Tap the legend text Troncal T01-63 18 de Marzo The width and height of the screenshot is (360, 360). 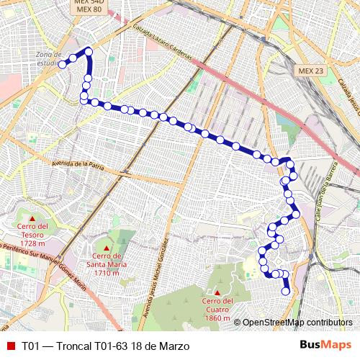tap(106, 346)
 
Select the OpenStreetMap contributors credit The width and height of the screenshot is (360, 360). tap(296, 323)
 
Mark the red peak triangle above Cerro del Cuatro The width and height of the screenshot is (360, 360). tap(216, 292)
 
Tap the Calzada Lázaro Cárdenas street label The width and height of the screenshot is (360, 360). tap(163, 45)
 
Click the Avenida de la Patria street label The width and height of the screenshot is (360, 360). tap(79, 165)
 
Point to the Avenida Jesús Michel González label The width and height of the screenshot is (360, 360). tap(160, 269)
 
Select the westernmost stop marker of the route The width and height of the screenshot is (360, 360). tap(63, 64)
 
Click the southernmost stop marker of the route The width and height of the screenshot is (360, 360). tap(286, 292)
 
